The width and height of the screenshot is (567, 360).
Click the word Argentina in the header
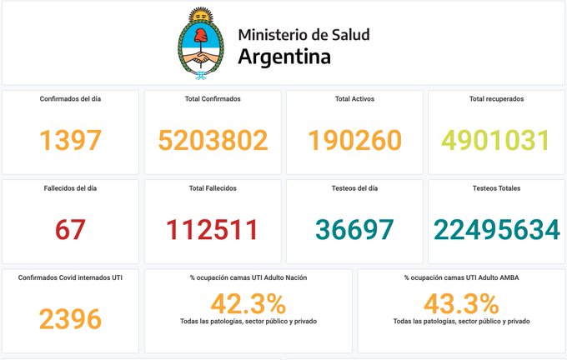(x=283, y=57)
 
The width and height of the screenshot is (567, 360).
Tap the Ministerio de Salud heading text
(x=304, y=35)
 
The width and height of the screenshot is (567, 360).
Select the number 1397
(x=71, y=140)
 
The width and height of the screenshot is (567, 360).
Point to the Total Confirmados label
(x=213, y=98)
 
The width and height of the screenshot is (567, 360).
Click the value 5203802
(x=213, y=140)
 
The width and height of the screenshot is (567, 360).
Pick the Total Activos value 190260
(x=354, y=140)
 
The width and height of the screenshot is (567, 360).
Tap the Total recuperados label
(x=497, y=98)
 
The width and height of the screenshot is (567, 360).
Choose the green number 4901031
(x=496, y=140)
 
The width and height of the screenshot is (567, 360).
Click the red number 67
(x=71, y=229)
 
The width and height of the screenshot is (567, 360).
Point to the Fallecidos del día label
(x=71, y=188)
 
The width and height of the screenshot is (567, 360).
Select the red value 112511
(x=213, y=229)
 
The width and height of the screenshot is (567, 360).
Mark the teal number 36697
(x=354, y=229)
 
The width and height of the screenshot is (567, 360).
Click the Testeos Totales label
(x=497, y=188)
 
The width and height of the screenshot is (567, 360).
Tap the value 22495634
(x=496, y=229)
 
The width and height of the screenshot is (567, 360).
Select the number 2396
(x=71, y=317)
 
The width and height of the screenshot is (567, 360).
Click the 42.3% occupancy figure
(x=248, y=301)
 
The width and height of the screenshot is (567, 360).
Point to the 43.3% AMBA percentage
(x=461, y=301)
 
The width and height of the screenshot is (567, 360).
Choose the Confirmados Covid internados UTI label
(x=71, y=277)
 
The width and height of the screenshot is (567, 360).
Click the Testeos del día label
(x=354, y=188)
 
